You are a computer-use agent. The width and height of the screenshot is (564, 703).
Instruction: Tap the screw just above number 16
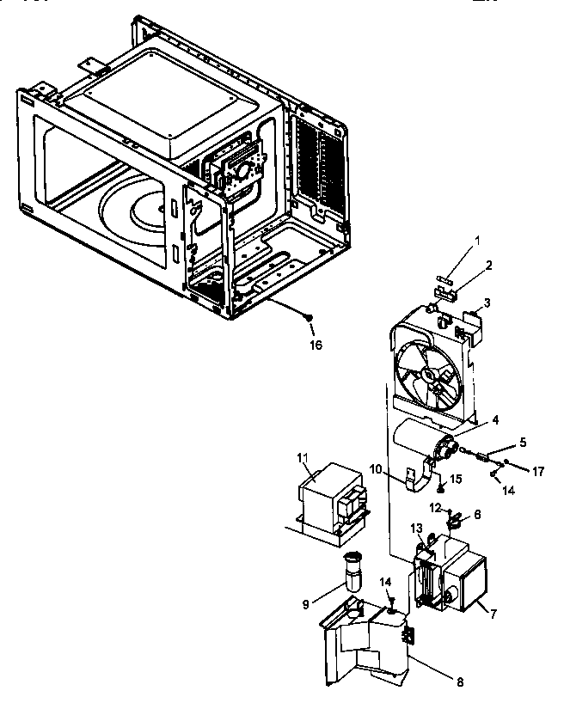click(307, 319)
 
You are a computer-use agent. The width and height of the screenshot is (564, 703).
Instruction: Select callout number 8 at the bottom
click(459, 682)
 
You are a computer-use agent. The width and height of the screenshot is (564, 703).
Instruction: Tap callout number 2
click(487, 266)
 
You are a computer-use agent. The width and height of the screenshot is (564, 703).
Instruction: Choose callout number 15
click(457, 477)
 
